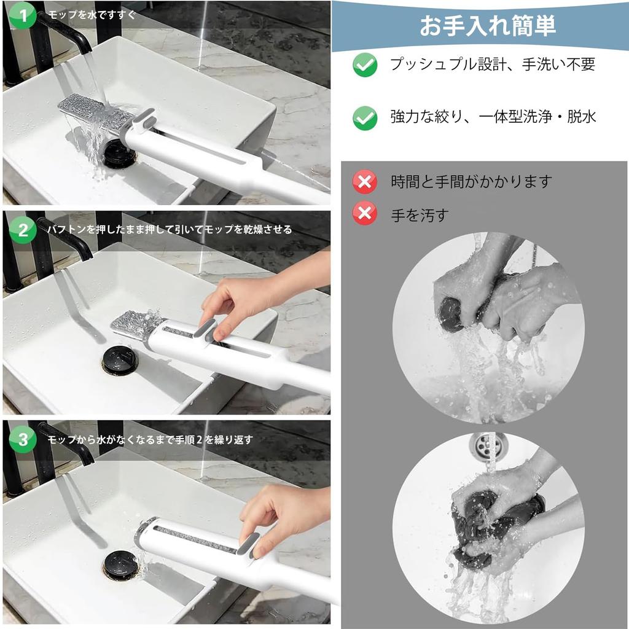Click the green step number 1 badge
click(x=23, y=15)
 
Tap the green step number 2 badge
click(x=23, y=230)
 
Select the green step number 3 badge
click(x=23, y=439)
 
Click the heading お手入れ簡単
click(x=487, y=26)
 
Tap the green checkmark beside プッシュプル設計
click(x=365, y=65)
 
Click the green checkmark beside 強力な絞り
click(x=365, y=118)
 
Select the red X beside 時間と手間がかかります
click(x=365, y=182)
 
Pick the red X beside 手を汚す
click(x=365, y=213)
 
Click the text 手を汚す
click(x=420, y=216)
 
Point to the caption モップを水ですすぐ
click(x=92, y=15)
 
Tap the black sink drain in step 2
click(x=120, y=361)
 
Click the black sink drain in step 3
click(x=121, y=565)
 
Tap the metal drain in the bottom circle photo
click(x=488, y=446)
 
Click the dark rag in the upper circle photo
click(x=455, y=316)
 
